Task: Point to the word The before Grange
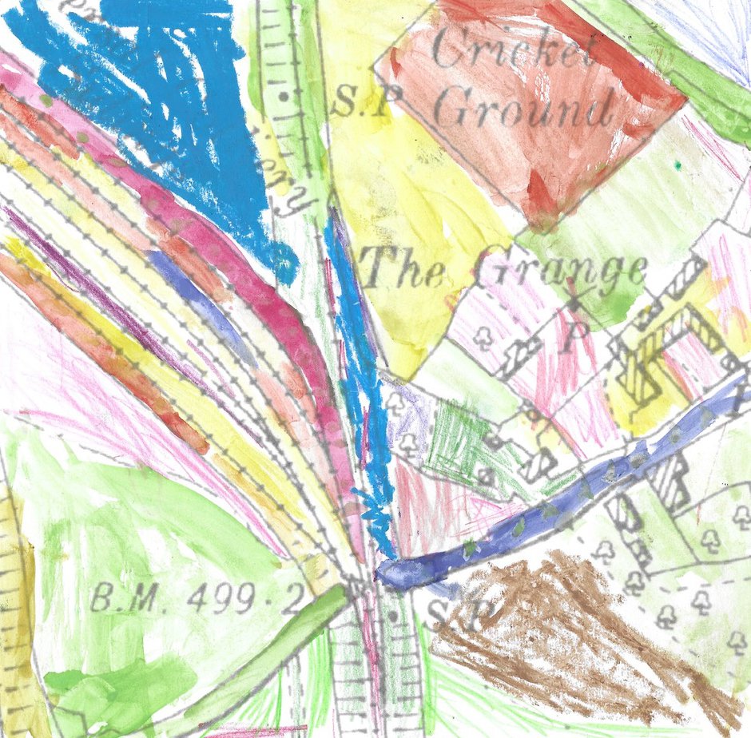pos(403,268)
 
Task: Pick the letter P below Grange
pos(568,340)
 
